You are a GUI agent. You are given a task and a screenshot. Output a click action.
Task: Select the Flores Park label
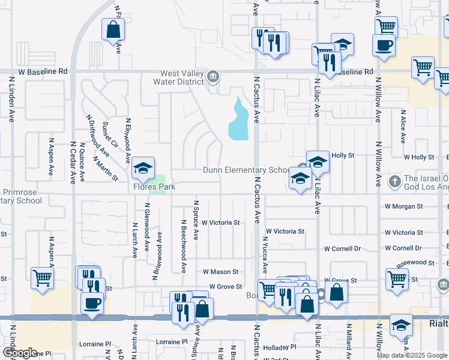154,187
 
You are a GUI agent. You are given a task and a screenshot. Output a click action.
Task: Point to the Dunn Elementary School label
247,170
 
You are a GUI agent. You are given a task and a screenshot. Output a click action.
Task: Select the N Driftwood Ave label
98,134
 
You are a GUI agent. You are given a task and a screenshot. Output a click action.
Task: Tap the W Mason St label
220,272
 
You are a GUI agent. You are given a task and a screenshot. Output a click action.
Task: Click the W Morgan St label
403,206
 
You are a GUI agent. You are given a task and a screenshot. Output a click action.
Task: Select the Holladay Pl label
280,347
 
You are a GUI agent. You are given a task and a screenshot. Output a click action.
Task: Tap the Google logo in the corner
20,353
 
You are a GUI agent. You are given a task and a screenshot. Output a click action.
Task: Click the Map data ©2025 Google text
412,355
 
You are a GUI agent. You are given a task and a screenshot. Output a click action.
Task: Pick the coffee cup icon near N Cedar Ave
92,304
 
